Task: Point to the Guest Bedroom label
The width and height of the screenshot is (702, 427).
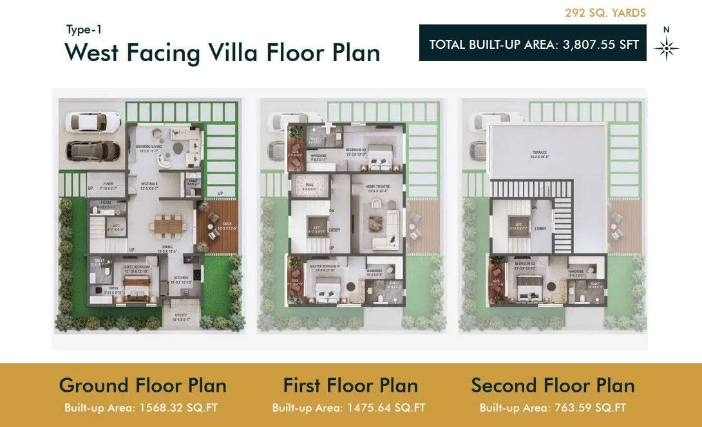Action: coord(137,268)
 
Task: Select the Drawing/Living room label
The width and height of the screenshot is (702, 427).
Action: coord(148,148)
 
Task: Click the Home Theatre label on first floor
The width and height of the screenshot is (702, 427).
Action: coord(378,188)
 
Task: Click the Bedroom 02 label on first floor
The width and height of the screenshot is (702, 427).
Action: coord(355,152)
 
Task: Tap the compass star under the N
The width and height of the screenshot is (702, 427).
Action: coord(667,49)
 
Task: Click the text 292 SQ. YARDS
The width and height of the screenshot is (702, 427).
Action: coord(605,13)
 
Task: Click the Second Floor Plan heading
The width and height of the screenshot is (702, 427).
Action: coord(553,385)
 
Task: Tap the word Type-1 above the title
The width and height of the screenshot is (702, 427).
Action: coord(84,30)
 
